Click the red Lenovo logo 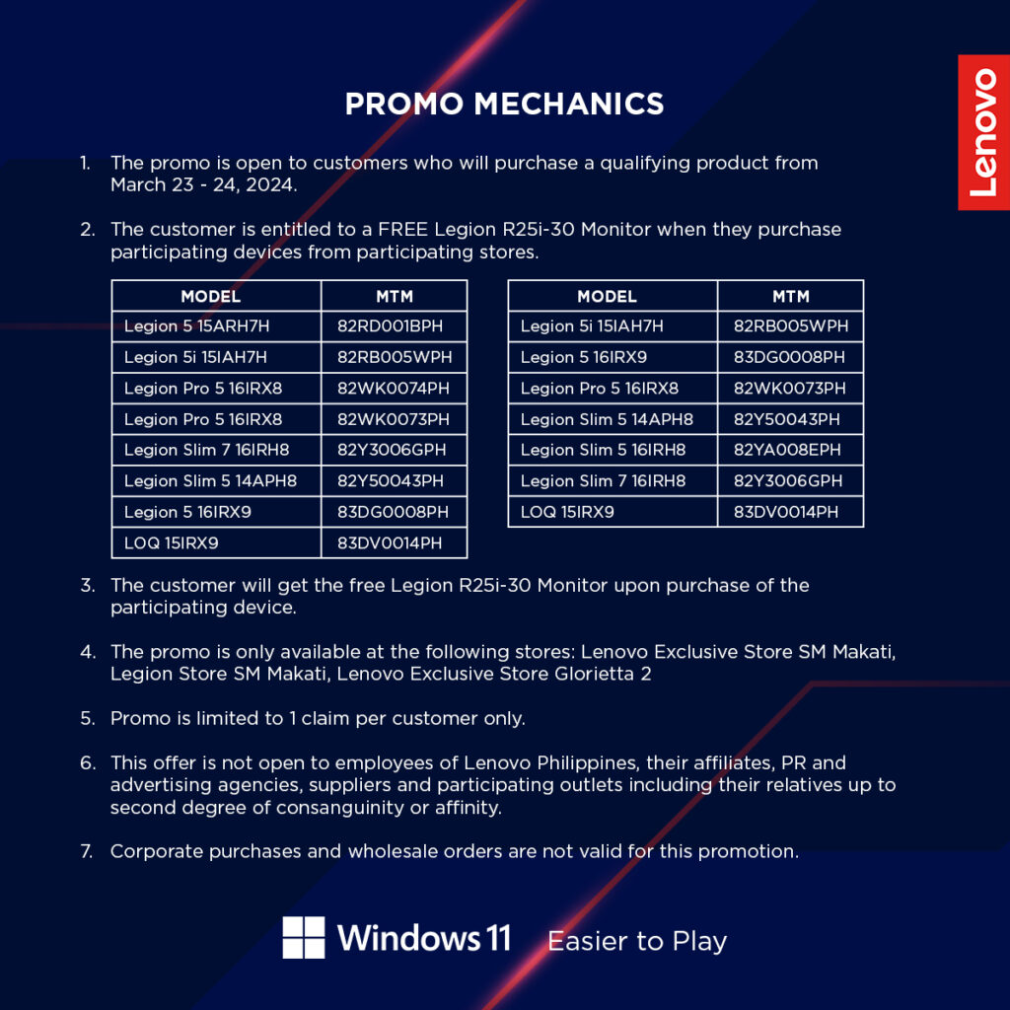[x=983, y=132]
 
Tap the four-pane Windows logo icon [x=304, y=937]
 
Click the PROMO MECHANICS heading [x=504, y=104]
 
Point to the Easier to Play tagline [x=637, y=941]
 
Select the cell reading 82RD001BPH [x=394, y=325]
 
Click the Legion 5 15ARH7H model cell [x=216, y=325]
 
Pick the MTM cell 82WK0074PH [x=394, y=389]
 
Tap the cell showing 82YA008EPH [x=790, y=450]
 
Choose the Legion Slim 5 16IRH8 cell [x=613, y=450]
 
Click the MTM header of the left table [x=395, y=296]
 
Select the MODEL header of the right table [x=613, y=296]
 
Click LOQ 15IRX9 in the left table [x=216, y=543]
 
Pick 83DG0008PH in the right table [x=790, y=357]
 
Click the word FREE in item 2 [x=402, y=229]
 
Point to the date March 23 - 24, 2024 [x=203, y=184]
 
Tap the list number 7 [x=87, y=851]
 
